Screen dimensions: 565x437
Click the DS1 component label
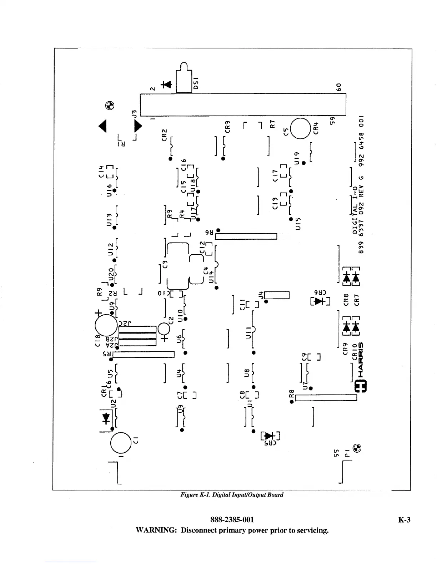tap(196, 83)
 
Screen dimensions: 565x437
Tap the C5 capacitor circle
tap(301, 128)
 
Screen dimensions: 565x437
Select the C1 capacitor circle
tap(121, 443)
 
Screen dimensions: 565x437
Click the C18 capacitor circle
tap(106, 325)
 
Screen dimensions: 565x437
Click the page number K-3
tap(404, 520)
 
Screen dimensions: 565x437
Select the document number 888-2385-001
tap(232, 520)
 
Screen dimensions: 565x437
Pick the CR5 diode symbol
tap(270, 436)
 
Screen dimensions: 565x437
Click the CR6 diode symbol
tap(320, 301)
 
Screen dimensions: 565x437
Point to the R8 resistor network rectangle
tap(326, 398)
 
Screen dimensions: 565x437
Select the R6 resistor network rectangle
tap(246, 236)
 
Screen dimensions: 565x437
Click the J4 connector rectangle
tap(277, 295)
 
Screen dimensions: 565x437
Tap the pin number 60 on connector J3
tap(340, 87)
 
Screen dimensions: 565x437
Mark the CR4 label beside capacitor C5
tap(316, 128)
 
